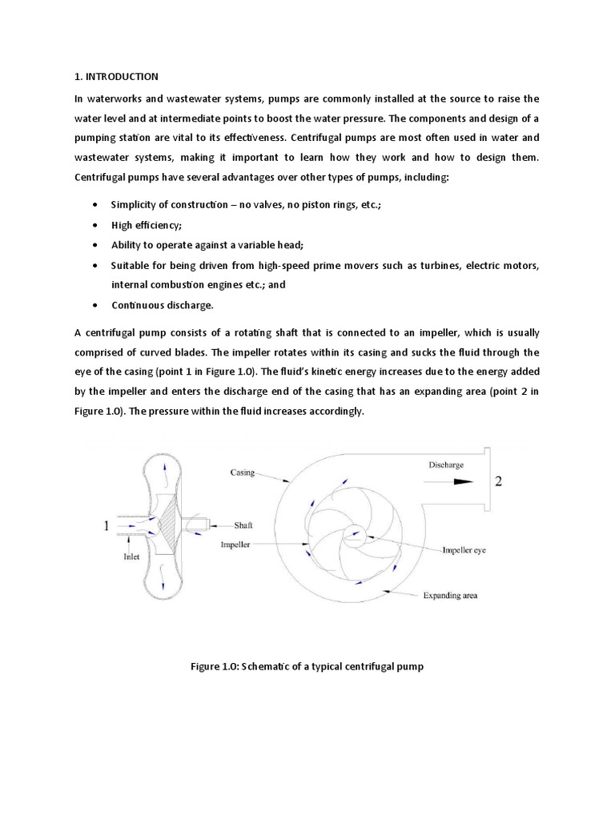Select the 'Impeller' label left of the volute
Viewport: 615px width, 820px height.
point(237,543)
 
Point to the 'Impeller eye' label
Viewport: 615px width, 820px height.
point(465,550)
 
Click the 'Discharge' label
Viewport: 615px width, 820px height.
point(446,464)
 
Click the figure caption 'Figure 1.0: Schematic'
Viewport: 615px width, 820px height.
point(307,666)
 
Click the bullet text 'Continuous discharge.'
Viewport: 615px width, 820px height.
point(163,305)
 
